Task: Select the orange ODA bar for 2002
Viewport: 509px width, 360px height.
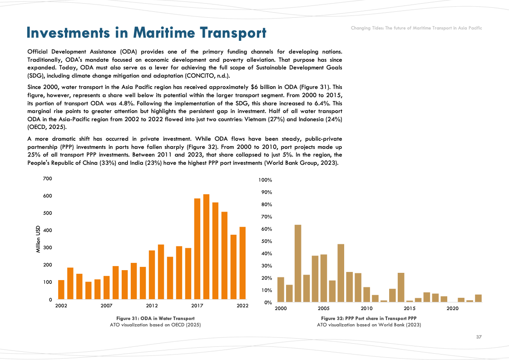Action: [61, 290]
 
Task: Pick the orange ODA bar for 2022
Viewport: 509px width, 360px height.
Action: [242, 263]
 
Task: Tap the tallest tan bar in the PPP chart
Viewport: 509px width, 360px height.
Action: [298, 263]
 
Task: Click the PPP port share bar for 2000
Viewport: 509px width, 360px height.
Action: [281, 290]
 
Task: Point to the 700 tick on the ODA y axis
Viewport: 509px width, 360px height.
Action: [47, 178]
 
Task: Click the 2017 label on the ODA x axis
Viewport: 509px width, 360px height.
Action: [197, 306]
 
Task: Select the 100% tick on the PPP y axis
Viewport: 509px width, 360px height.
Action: [265, 180]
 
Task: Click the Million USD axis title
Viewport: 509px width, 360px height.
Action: [38, 239]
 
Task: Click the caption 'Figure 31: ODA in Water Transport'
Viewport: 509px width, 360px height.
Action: [155, 318]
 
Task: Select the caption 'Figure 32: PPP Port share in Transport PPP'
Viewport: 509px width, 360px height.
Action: [369, 318]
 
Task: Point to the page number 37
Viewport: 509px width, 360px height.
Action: [479, 337]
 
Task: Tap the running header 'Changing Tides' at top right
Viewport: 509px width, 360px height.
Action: [416, 28]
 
